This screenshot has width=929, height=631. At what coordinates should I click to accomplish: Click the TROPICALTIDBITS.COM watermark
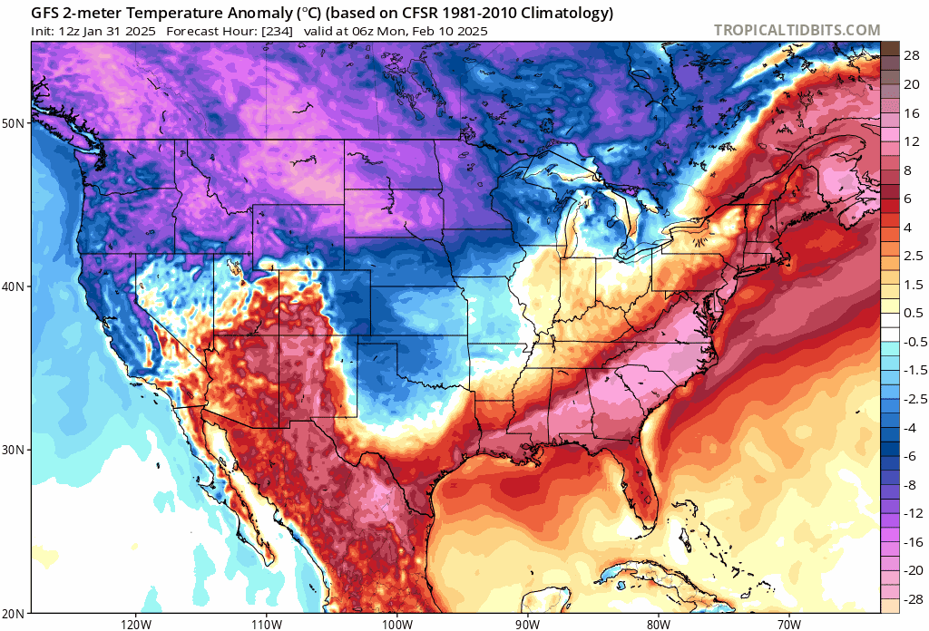tap(797, 31)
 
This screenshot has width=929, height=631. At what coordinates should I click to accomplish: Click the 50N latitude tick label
tap(15, 122)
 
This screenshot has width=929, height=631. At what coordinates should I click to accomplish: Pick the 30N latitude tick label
tap(15, 450)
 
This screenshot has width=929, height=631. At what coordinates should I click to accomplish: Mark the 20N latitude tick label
tap(15, 613)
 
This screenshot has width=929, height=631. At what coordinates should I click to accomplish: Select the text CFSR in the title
tap(409, 14)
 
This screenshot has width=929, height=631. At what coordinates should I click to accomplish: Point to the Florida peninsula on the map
tap(641, 490)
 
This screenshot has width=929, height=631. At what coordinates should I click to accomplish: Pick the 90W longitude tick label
tap(527, 624)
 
